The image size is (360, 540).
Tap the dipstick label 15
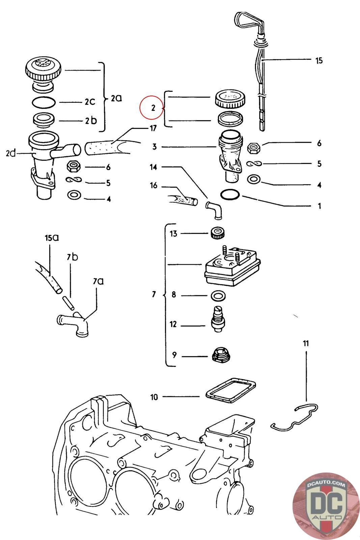click(319, 61)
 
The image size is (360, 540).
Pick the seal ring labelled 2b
click(43, 120)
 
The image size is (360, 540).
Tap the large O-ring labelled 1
click(230, 195)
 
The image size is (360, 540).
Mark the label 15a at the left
click(52, 238)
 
